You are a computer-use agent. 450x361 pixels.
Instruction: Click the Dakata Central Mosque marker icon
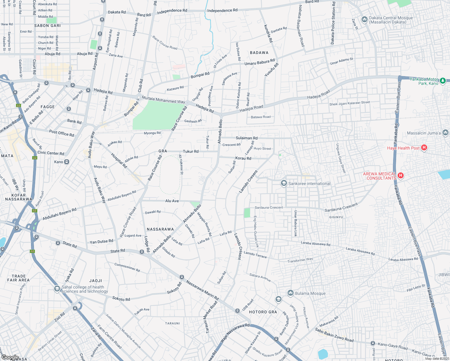(364, 20)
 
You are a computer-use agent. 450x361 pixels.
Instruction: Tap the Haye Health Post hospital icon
(424, 147)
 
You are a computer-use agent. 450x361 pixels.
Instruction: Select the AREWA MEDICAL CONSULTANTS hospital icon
(400, 175)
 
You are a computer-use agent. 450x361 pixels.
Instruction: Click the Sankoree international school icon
(283, 183)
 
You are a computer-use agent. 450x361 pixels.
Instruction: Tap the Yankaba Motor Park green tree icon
(442, 81)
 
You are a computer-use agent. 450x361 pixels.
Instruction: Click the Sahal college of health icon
(57, 289)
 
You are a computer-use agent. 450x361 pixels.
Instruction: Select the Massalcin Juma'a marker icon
(445, 132)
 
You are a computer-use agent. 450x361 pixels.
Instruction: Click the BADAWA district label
(259, 53)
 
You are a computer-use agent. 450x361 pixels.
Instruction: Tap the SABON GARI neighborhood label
(48, 26)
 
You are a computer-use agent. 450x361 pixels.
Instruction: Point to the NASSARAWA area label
(160, 229)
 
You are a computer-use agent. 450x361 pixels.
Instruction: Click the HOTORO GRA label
(263, 312)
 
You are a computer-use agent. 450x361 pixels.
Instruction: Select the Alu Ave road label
(172, 201)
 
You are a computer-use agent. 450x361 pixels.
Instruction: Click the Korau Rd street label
(243, 158)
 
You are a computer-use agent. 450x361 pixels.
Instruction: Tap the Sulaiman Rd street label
(246, 138)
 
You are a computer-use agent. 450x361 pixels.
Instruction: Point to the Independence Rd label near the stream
(222, 10)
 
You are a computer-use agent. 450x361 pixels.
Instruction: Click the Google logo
(10, 357)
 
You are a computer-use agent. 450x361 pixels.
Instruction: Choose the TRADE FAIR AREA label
(19, 278)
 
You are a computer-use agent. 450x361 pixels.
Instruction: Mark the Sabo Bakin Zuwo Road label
(334, 335)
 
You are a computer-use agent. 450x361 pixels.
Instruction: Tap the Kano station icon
(66, 162)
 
